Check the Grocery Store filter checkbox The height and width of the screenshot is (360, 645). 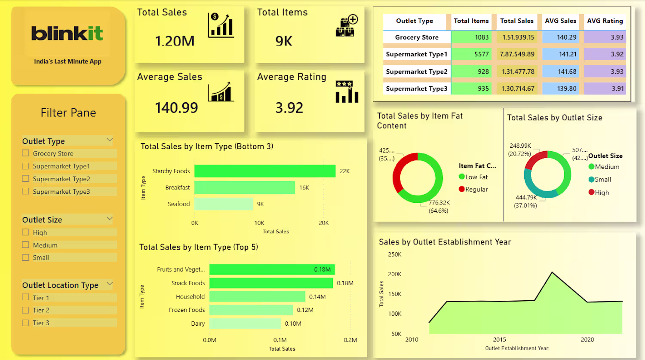(x=25, y=153)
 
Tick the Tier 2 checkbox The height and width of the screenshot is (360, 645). (x=25, y=310)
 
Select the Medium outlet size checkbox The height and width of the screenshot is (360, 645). (x=25, y=245)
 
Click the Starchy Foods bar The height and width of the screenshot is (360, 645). (x=265, y=171)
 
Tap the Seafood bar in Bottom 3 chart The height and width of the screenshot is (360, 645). (x=224, y=204)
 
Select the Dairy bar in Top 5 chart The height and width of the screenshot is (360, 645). (x=245, y=323)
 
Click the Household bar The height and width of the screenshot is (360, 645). (x=258, y=296)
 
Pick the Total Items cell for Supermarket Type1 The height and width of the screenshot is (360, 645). (x=471, y=54)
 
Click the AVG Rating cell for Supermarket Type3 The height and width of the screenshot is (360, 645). (x=605, y=88)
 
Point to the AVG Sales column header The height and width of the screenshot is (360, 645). (x=560, y=21)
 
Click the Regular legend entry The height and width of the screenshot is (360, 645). (x=473, y=189)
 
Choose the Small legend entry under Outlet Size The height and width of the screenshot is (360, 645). (x=600, y=180)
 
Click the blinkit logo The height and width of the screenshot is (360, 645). (x=67, y=34)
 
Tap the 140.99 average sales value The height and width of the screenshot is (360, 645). (x=176, y=108)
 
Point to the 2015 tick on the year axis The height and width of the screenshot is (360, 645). (x=499, y=339)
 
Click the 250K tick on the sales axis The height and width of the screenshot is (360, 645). (x=394, y=254)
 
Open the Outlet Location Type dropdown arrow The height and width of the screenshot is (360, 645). (x=109, y=284)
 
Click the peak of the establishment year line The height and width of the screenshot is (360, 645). (x=552, y=272)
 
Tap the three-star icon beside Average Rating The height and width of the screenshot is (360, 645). (x=344, y=84)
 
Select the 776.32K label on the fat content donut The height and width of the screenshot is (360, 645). (x=439, y=203)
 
